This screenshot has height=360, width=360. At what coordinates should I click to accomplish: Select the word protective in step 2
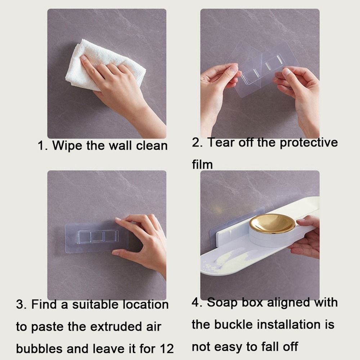coord(309,143)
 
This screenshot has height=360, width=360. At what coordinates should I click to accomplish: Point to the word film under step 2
coord(202,165)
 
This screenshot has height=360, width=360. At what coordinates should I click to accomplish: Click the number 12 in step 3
coord(166,348)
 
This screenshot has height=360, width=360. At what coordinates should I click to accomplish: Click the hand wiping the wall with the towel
coord(119,90)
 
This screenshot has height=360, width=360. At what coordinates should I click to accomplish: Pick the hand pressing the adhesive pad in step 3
coord(144,241)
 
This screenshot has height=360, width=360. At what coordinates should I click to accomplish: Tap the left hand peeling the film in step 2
coord(218,90)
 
